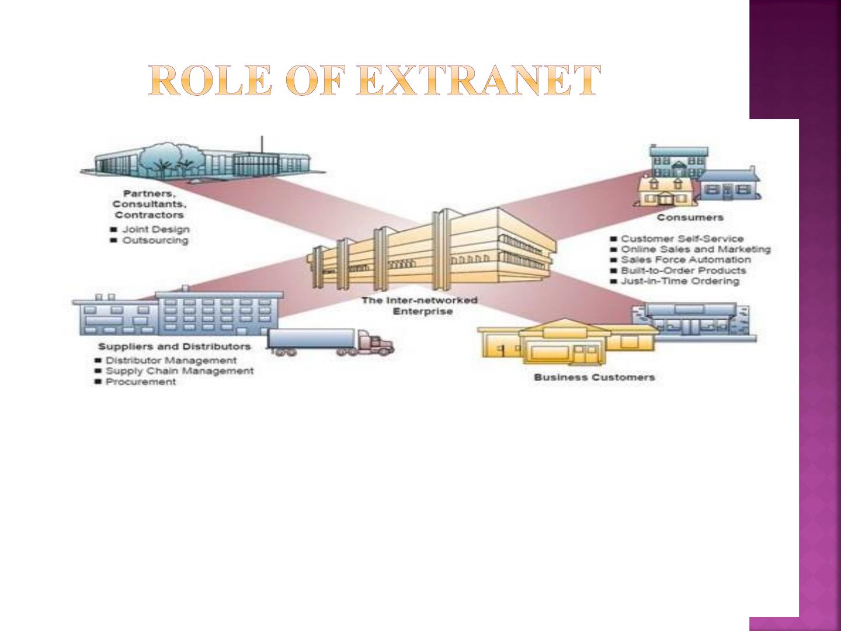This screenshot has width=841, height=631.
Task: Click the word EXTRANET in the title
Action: [478, 80]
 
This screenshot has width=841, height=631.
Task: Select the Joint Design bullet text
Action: [156, 230]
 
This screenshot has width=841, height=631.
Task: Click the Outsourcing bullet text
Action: [155, 241]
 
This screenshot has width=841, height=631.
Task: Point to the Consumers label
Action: [690, 217]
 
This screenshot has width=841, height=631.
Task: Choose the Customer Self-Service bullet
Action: [682, 239]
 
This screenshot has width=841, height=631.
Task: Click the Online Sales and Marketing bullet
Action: [696, 249]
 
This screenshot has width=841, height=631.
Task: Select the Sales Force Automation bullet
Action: [686, 260]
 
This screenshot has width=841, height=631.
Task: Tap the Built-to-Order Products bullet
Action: [683, 271]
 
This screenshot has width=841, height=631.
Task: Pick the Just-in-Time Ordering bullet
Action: [680, 281]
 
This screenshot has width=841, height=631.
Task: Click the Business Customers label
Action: [595, 377]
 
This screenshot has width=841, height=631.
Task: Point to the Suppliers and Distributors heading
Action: [175, 346]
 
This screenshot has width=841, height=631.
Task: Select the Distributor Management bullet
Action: [171, 360]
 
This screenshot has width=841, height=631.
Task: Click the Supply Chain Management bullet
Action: [180, 371]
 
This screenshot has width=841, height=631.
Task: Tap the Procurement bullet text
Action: [141, 382]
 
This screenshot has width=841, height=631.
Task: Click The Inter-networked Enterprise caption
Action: [420, 306]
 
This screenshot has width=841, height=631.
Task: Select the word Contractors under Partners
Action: [150, 215]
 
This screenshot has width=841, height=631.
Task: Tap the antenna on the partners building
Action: [262, 145]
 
